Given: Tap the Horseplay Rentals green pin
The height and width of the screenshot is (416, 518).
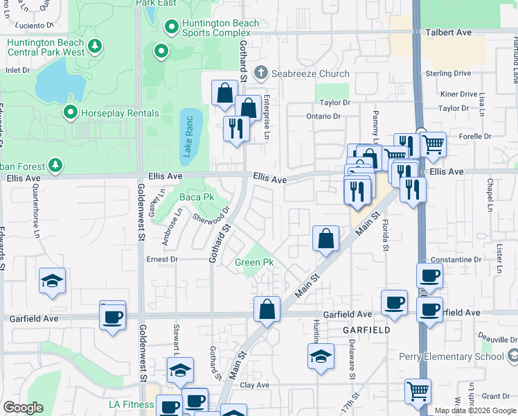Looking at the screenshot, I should pos(70,112).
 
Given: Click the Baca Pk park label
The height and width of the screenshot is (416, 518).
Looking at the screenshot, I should pos(197,198).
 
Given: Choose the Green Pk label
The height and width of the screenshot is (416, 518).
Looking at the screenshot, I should pos(254,262).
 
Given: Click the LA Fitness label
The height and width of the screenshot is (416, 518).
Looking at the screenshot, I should pos(132,404).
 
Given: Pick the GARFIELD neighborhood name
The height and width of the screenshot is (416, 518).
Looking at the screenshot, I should pos(366,331).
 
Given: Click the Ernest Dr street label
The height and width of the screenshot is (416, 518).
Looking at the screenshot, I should pos(162,259).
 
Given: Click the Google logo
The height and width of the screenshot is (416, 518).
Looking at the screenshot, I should pos(23,408).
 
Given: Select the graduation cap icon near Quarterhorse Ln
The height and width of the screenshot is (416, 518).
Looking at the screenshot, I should pos(52,281).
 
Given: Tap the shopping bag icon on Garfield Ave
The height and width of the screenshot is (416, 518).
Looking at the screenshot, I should pos(267,309).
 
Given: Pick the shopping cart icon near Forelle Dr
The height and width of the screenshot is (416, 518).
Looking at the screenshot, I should pos(432,144).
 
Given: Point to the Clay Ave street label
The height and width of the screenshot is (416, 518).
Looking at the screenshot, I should pos(254,385).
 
